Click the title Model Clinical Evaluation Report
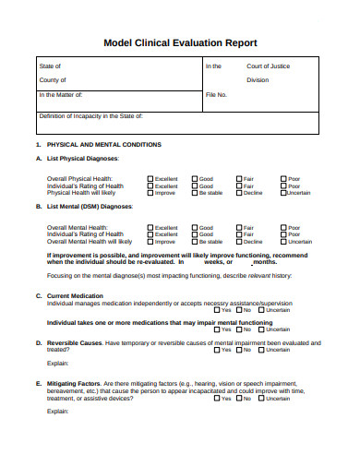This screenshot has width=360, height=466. point(179,42)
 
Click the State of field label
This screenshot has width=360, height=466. point(50,66)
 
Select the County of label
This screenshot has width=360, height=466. point(53,80)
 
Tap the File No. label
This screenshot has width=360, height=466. point(216,95)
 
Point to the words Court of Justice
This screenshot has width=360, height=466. point(268,66)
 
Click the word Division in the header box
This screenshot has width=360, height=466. point(258,80)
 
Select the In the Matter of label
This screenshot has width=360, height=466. point(61,95)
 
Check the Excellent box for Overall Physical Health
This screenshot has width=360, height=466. point(150,178)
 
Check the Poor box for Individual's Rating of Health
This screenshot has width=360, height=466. point(283,185)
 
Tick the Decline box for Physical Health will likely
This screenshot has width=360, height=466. point(238,193)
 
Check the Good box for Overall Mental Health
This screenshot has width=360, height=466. point(195,227)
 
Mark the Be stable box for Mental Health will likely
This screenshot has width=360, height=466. point(195,242)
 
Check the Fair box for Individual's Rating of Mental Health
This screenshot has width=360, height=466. point(238,234)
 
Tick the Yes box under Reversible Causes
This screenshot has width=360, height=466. point(216,376)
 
